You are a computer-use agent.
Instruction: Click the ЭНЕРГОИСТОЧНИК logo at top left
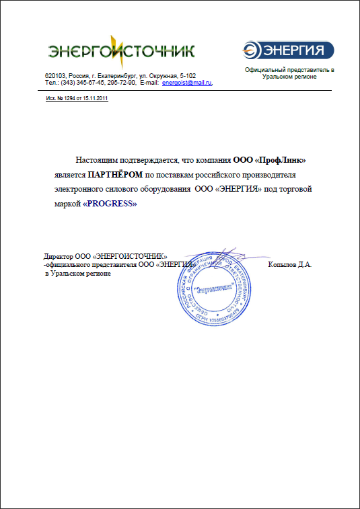pos(122,50)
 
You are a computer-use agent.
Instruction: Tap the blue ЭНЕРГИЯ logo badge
pos(288,50)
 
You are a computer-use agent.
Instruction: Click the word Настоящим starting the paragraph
pos(98,160)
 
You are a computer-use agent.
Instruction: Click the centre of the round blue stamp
pos(211,290)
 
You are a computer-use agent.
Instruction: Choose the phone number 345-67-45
pos(92,83)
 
